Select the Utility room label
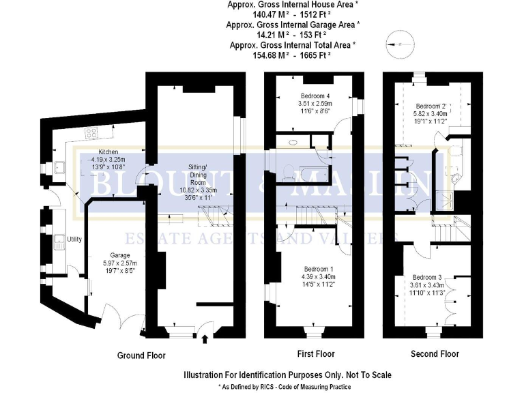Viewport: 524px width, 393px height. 74,239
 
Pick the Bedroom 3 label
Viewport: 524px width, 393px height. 426,277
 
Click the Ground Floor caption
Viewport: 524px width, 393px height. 141,355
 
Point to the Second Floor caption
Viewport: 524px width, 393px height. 435,354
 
